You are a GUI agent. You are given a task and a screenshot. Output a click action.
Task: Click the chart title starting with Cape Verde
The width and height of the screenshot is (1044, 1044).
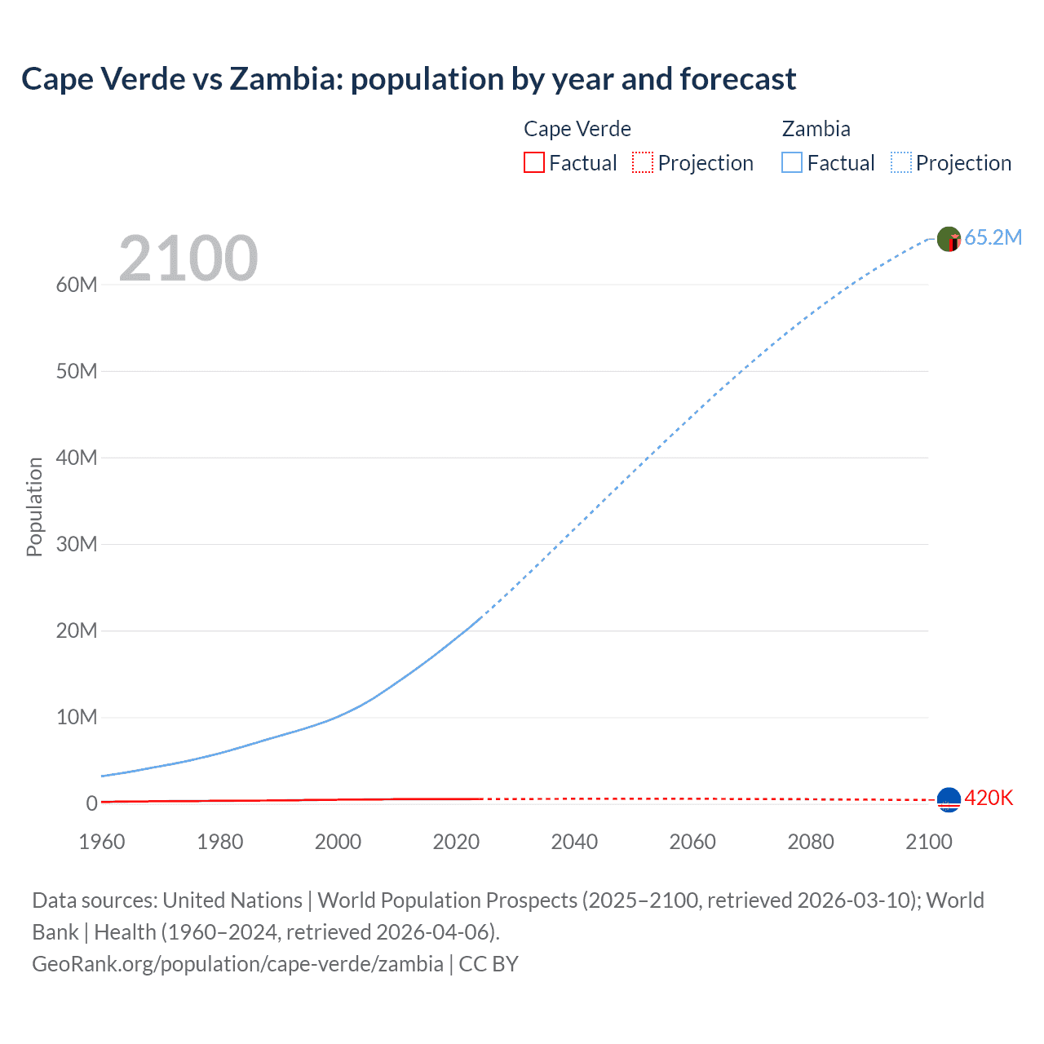click(409, 79)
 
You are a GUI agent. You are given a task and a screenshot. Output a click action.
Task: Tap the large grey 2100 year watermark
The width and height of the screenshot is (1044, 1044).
click(188, 259)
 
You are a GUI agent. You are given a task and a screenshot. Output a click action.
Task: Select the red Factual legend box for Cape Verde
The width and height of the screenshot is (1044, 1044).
click(533, 162)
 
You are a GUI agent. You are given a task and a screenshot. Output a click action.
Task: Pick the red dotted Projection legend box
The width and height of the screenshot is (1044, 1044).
click(643, 162)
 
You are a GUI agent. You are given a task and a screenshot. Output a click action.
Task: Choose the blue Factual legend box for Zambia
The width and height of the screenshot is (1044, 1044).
click(791, 162)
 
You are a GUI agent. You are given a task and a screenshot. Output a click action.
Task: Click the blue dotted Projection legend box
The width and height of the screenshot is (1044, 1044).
click(900, 162)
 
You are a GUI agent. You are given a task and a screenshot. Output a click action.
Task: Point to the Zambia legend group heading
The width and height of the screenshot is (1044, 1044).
click(816, 129)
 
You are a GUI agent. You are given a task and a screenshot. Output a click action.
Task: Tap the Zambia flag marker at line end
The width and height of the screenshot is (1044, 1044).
click(949, 239)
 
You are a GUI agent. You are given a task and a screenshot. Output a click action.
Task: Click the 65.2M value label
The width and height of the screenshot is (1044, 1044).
click(993, 237)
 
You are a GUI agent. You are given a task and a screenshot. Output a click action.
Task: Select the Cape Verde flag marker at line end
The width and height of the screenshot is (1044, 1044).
click(949, 800)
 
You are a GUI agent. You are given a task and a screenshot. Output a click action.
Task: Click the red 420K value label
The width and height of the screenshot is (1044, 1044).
click(989, 798)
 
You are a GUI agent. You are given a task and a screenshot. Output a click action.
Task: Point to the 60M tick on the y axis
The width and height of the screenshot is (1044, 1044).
click(77, 285)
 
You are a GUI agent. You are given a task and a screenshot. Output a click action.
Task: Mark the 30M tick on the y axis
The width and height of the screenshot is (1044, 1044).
click(77, 544)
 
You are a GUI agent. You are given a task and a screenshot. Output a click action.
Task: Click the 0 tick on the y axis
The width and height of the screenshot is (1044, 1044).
click(91, 803)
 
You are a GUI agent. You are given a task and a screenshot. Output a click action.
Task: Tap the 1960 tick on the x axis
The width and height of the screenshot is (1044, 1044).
click(102, 842)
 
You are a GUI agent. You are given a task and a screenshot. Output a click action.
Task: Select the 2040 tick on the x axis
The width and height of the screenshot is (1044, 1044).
click(574, 842)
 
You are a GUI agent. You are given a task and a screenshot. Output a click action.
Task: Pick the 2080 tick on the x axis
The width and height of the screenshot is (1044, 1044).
click(811, 842)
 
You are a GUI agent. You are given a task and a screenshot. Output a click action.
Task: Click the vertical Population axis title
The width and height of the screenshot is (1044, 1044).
click(34, 507)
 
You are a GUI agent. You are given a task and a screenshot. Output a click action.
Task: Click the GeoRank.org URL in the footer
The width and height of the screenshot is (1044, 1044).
click(237, 963)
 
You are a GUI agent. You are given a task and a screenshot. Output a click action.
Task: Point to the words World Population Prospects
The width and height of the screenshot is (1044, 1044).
click(447, 900)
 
